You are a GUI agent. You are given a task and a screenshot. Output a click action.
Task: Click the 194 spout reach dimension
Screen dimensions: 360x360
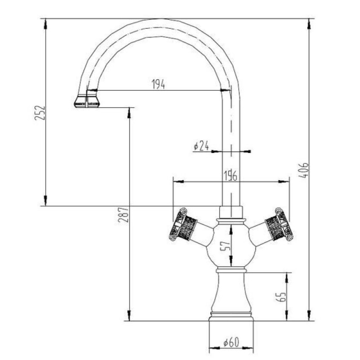[158, 84]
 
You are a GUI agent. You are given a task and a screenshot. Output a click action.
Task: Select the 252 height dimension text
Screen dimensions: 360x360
[40, 113]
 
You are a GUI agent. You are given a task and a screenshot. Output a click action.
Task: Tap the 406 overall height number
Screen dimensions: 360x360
[304, 171]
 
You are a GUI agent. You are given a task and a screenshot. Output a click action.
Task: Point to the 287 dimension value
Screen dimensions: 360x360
[123, 215]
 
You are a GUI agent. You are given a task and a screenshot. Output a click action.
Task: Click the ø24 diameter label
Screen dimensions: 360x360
[201, 145]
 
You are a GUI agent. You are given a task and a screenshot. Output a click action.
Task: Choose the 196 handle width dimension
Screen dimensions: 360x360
[230, 176]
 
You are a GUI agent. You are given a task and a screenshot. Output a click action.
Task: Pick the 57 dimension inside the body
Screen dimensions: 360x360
[225, 246]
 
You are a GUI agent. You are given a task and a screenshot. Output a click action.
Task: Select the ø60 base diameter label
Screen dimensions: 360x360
[231, 342]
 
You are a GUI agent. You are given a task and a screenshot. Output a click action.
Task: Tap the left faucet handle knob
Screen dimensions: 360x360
[183, 224]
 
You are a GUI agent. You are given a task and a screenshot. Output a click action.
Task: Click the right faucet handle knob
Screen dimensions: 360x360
[279, 224]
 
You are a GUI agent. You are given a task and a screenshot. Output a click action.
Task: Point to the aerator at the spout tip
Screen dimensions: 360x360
[87, 101]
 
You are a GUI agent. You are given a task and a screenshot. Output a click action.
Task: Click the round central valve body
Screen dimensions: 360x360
[231, 244]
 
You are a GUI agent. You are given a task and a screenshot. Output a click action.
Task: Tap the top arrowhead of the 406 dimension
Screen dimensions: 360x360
[309, 24]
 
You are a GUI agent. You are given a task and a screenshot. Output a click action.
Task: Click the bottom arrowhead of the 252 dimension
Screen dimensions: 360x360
[45, 200]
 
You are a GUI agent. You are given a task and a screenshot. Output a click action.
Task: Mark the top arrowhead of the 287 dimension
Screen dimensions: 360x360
[129, 113]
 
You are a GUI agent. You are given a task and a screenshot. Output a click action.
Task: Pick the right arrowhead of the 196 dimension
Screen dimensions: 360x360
[284, 182]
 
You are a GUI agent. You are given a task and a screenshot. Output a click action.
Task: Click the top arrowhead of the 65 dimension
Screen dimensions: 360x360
[287, 278]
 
